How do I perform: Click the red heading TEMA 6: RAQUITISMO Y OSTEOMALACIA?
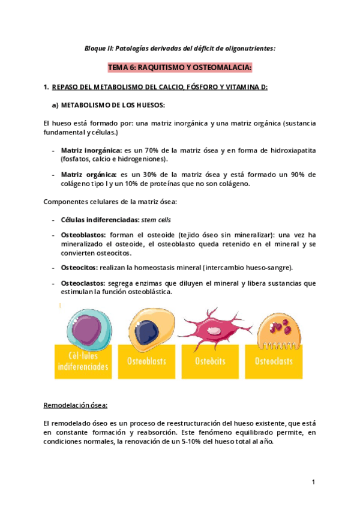pos(179,67)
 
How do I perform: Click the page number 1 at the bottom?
pos(313,481)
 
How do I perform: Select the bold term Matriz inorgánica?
pos(91,149)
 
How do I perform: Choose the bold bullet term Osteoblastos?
pos(83,235)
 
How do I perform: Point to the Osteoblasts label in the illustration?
pos(146,361)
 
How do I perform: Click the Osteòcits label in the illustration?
pos(209,361)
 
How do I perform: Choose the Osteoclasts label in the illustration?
pos(274,361)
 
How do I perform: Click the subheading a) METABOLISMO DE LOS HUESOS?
pos(108,104)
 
